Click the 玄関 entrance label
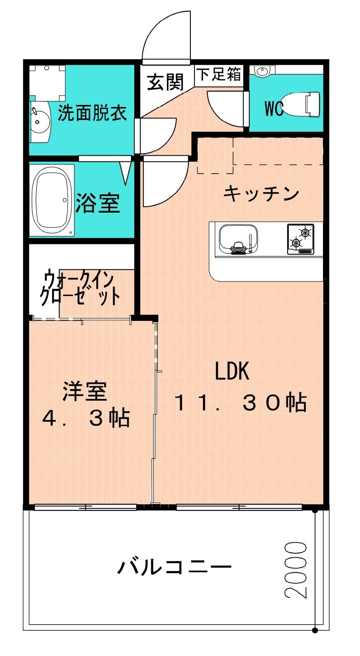coord(165,82)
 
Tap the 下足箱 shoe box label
coord(219,74)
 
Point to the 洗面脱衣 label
coord(92,113)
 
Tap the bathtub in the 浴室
coord(52,200)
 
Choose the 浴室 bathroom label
coord(98,203)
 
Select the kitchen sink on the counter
coord(238,239)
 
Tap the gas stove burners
coord(301,239)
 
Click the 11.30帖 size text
coord(240,402)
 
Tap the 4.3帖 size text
coord(86,418)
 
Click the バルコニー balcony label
coord(175,567)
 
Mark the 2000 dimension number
coord(296,570)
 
